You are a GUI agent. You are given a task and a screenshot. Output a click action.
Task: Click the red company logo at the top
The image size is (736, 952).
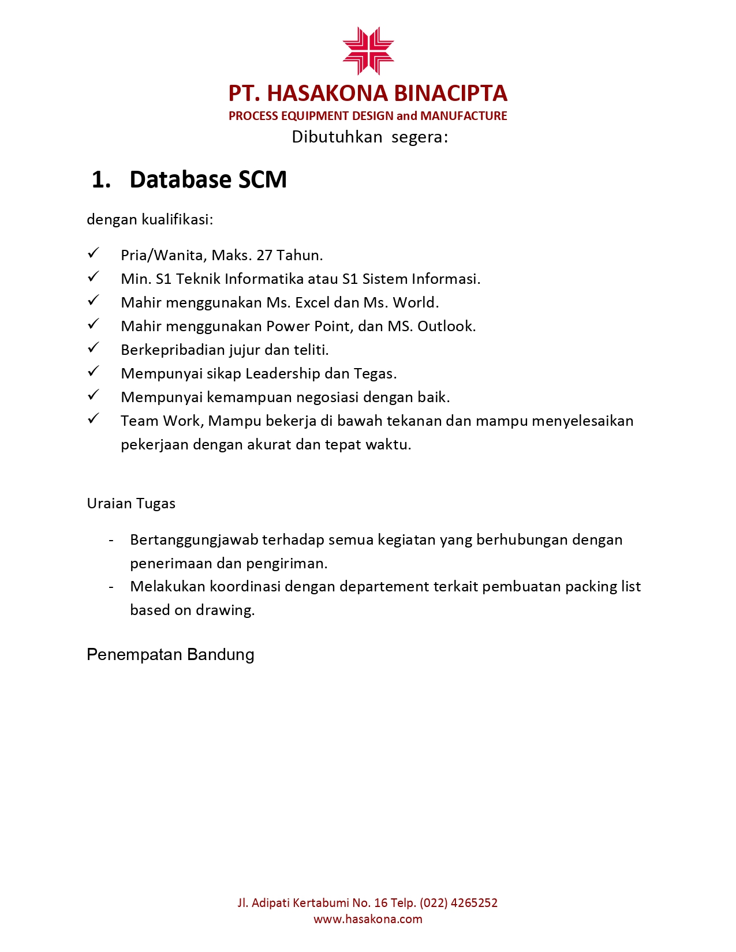pos(368,51)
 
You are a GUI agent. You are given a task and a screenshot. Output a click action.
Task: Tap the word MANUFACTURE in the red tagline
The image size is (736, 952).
pos(464,116)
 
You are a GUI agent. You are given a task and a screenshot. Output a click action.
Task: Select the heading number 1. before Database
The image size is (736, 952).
pos(101,180)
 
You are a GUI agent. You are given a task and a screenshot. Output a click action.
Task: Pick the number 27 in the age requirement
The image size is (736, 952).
pos(264,255)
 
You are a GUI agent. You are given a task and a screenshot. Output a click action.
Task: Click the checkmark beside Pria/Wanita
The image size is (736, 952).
pos(94,253)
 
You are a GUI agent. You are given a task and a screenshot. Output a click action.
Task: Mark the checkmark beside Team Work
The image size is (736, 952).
pos(94,419)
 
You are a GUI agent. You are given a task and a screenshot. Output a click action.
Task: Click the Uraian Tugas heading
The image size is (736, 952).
pos(131,503)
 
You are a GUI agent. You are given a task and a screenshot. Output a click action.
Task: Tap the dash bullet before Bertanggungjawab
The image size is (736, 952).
pos(111,540)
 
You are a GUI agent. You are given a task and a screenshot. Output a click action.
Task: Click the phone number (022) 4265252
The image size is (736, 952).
pos(458,903)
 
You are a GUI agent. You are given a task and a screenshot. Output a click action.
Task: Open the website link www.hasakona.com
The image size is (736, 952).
pos(368,919)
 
